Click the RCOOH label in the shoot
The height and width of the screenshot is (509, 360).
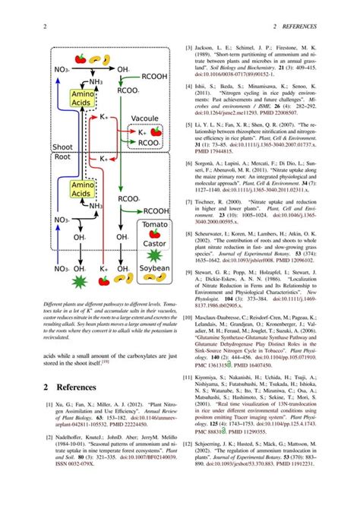click(x=154, y=76)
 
